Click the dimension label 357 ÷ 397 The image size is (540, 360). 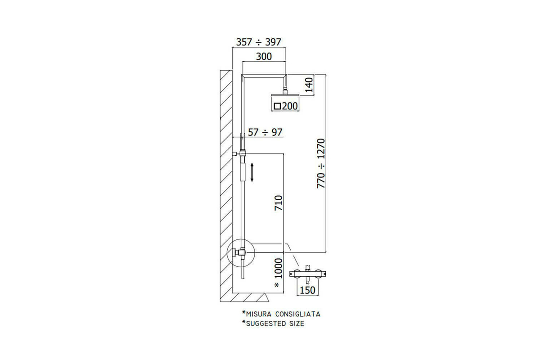tap(259, 42)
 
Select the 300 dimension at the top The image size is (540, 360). tap(264, 57)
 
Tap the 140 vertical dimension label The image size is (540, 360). tap(309, 85)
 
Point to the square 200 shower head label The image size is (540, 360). tap(285, 106)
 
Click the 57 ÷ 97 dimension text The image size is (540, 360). tap(265, 132)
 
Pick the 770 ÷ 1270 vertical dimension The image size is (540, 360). tap(321, 163)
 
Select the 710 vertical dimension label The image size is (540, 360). tap(279, 203)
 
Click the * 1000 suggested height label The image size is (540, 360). tap(279, 273)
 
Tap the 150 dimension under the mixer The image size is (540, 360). tap(307, 290)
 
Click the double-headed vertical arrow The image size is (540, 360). tap(252, 172)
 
